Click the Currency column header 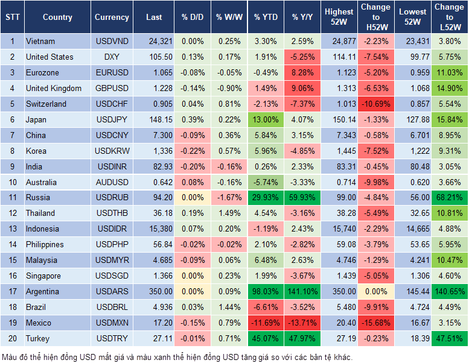[112, 17]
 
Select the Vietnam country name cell [40, 41]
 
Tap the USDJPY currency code [112, 119]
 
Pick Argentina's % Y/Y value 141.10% [303, 292]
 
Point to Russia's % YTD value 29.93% [266, 197]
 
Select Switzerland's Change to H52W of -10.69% [375, 104]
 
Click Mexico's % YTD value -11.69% [266, 323]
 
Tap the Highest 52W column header [339, 17]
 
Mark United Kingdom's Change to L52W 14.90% [449, 88]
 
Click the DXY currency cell [112, 57]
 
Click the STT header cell [12, 17]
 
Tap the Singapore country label [43, 276]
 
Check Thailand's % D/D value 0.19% [193, 213]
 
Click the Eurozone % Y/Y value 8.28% [303, 72]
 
